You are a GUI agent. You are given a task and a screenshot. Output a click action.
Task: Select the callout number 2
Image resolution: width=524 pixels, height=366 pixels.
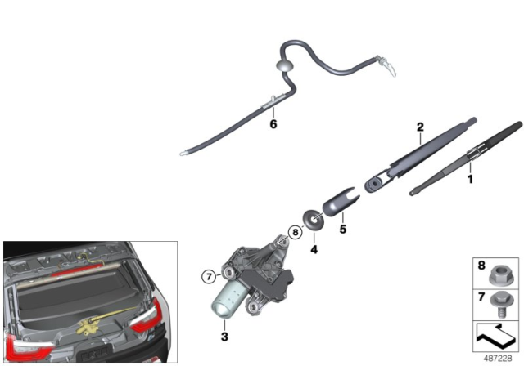click(420, 127)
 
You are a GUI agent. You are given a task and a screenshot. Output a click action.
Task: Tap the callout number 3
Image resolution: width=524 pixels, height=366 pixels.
click(224, 336)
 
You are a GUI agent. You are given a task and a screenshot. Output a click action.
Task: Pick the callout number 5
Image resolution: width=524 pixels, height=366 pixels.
click(343, 230)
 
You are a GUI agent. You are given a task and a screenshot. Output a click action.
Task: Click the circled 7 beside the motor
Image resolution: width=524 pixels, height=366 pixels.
click(208, 274)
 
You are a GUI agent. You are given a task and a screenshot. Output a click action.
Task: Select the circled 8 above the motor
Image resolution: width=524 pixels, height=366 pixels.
click(296, 234)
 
